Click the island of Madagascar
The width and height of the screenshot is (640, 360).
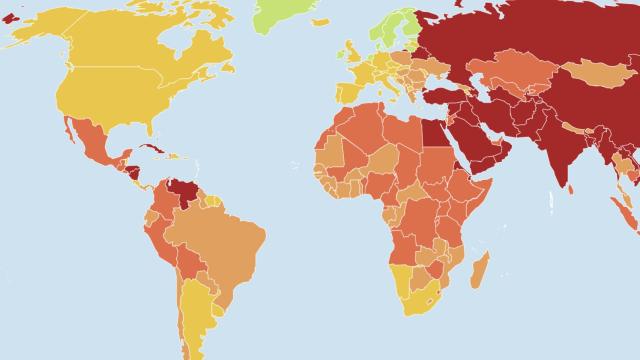pos(480,270)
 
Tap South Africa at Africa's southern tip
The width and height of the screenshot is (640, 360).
pos(421,300)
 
